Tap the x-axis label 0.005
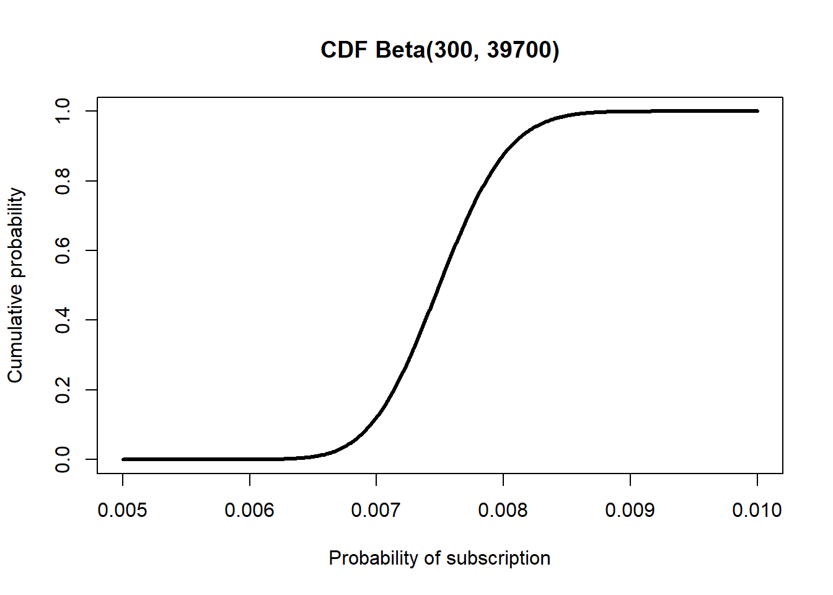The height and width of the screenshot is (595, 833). [123, 510]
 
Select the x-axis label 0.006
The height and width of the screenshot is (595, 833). [250, 510]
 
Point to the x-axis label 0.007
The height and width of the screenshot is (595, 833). [376, 510]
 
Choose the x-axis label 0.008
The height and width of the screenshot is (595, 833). [503, 510]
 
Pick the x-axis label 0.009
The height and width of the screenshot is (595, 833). [630, 510]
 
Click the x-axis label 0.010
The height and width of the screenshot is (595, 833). [757, 510]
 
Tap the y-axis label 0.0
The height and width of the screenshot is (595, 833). [63, 459]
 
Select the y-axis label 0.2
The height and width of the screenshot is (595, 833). [63, 390]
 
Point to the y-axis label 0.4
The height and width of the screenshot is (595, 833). [63, 320]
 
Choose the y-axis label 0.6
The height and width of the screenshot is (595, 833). [63, 250]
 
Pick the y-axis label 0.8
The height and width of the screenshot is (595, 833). [63, 181]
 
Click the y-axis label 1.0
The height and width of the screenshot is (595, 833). [63, 111]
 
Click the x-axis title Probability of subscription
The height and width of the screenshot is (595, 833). [439, 558]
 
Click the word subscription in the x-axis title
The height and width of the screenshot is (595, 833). [498, 558]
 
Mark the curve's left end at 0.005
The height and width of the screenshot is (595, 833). [123, 459]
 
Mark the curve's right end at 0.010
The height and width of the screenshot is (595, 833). [757, 111]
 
